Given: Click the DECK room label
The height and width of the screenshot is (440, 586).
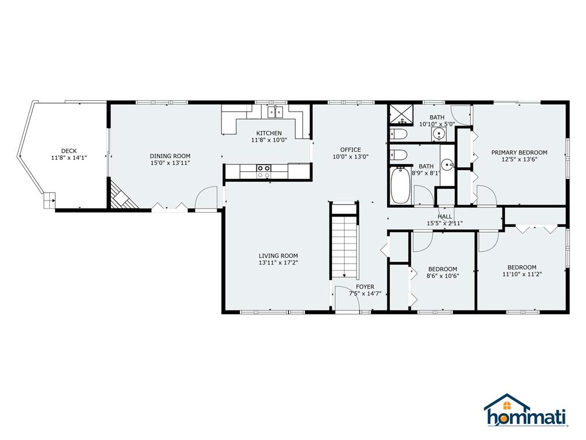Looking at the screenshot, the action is click(x=69, y=151).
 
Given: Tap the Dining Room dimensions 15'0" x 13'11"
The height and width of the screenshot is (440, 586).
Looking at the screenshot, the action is click(x=170, y=163).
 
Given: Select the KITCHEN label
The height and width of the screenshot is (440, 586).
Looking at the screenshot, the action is click(x=269, y=133).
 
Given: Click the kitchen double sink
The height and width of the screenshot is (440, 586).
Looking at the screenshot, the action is click(x=275, y=112).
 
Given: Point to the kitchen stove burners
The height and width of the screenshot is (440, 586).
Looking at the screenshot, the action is click(x=263, y=171).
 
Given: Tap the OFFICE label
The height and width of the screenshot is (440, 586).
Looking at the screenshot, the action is click(x=351, y=150).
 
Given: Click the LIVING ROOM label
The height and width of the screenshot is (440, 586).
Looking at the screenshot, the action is click(x=279, y=256).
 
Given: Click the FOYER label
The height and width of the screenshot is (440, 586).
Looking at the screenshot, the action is click(x=365, y=287).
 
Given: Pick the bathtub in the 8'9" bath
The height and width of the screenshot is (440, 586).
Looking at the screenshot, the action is click(x=401, y=186).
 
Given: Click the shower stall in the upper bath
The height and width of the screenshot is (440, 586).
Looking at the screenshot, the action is click(x=402, y=115).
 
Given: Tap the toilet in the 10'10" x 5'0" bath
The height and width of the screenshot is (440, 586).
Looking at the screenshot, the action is click(x=399, y=133).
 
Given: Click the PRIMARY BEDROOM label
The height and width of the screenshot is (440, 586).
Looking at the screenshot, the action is click(x=519, y=152).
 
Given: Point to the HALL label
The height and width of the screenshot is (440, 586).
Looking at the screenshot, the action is click(x=445, y=217).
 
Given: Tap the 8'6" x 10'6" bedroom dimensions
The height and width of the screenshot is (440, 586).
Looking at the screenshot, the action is click(x=443, y=276).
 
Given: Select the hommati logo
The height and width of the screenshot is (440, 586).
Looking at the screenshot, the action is click(x=526, y=410).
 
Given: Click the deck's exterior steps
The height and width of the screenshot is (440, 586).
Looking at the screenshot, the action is click(x=49, y=201).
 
